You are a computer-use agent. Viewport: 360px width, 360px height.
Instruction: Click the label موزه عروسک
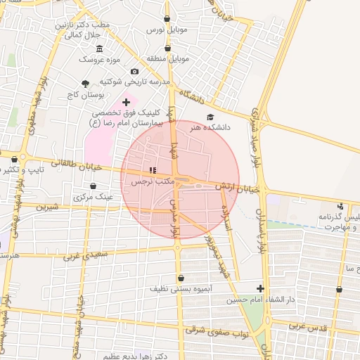coord(98,60)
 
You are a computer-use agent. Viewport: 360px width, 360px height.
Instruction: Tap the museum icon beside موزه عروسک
coord(98,49)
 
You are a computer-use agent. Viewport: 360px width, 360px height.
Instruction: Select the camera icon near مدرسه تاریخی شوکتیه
coord(135,71)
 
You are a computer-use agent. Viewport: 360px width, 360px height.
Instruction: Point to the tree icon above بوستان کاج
coord(86,83)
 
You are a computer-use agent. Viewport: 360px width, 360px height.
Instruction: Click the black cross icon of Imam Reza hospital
coord(127,103)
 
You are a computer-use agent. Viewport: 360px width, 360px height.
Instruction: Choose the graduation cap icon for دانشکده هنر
coord(210,117)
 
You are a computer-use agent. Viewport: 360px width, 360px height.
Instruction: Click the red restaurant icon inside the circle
coord(153,170)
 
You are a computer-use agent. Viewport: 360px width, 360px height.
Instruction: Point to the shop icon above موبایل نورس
coord(167,20)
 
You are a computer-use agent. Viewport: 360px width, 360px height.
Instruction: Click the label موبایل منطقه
coord(167,59)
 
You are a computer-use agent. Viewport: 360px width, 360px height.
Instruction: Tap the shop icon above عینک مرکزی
coord(94,186)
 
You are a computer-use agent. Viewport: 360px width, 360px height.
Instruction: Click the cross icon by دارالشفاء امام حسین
coord(260,288)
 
